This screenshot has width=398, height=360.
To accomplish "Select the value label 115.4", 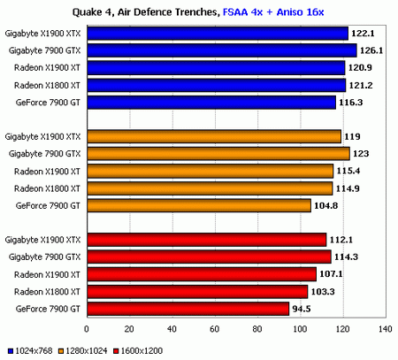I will (349, 171).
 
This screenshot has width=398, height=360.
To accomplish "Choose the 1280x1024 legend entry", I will (86, 352).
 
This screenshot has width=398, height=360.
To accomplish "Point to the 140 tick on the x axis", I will (384, 329).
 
